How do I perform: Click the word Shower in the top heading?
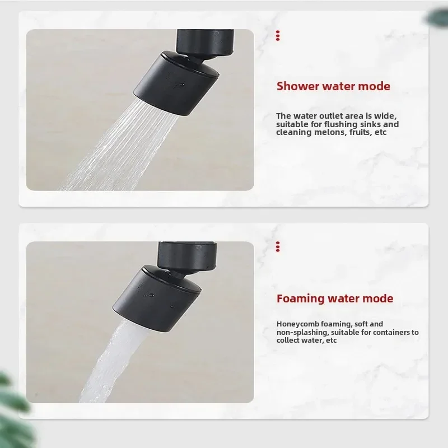(x=297, y=86)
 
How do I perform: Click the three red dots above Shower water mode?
(x=278, y=36)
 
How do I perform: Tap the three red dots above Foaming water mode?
(x=278, y=246)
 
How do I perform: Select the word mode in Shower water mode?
(x=375, y=86)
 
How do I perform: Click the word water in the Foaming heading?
(x=346, y=298)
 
